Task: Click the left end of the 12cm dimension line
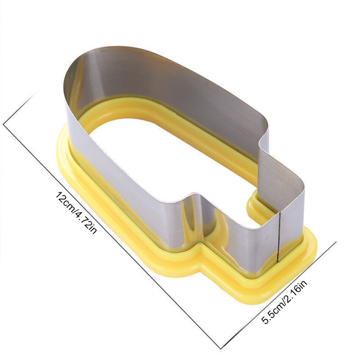coord(3,125)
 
